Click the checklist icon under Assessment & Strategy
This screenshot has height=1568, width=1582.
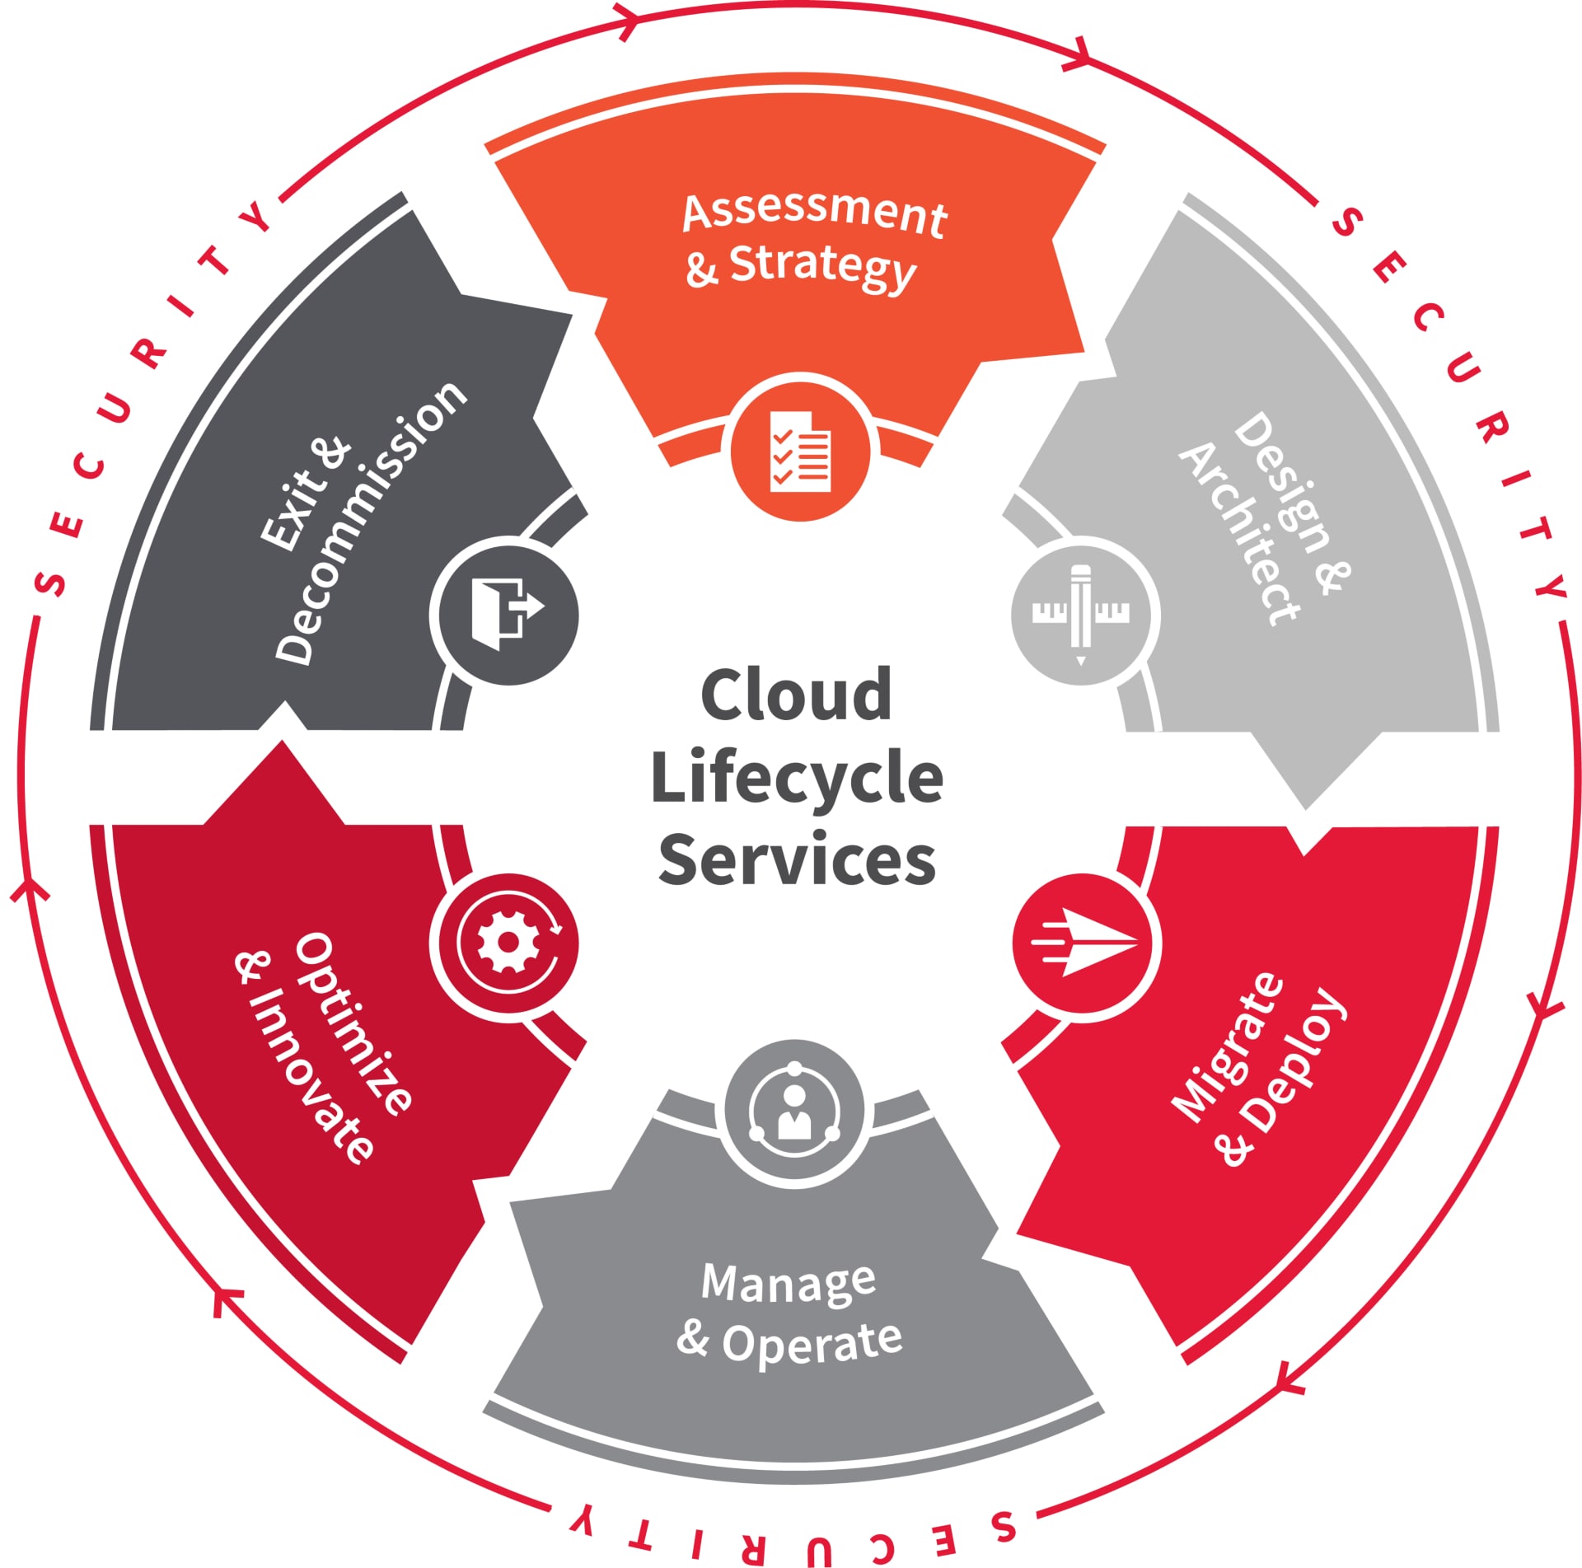point(800,451)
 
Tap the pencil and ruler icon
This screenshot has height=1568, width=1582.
point(1081,615)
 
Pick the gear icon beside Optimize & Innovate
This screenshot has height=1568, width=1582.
point(508,943)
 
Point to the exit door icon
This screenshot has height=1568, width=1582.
point(506,612)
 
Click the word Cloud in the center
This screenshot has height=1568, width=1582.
point(796,695)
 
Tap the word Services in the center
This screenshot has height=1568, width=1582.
point(796,859)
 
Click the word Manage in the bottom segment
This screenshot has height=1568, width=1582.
point(789,1283)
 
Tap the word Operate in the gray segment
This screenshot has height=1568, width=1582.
point(812,1342)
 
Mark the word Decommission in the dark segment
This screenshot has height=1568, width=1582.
point(371,522)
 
